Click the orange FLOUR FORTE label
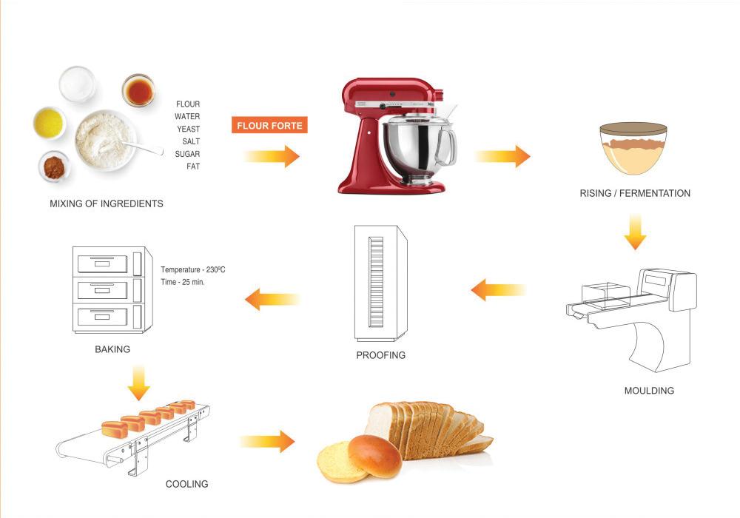click(x=269, y=126)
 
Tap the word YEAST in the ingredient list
click(x=188, y=129)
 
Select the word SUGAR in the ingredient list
click(x=187, y=154)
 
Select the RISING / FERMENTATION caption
click(x=635, y=193)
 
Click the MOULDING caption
click(x=649, y=391)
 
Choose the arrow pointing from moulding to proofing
click(x=498, y=289)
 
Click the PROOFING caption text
click(x=380, y=355)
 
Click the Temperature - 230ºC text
click(x=193, y=270)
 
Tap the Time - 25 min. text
click(x=182, y=283)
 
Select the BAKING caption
click(x=112, y=349)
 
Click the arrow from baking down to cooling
click(x=138, y=381)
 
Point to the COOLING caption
click(x=186, y=484)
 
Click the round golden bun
click(x=374, y=454)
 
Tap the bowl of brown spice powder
click(x=54, y=167)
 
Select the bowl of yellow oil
click(x=49, y=123)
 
